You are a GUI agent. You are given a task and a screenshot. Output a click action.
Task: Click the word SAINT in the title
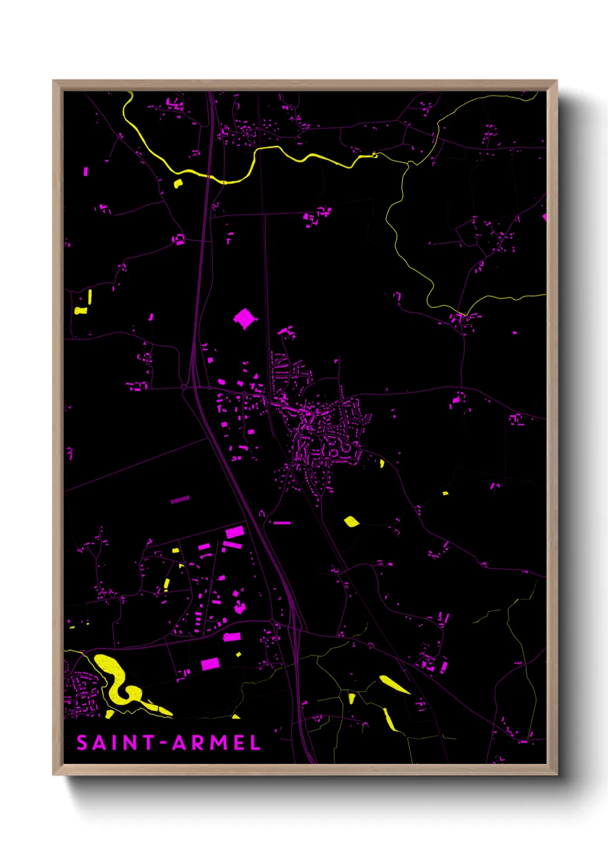[x=114, y=743]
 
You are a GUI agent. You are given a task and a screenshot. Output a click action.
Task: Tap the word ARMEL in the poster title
[x=217, y=743]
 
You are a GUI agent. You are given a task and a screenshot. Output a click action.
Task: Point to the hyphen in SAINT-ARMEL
[x=163, y=743]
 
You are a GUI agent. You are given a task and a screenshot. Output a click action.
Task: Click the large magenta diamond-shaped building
[x=245, y=318]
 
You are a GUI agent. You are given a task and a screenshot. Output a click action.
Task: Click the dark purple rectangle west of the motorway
[x=180, y=500]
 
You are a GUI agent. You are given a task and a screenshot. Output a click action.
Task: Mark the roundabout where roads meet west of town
[x=184, y=388]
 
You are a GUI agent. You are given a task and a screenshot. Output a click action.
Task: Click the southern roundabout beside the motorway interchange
[x=272, y=622]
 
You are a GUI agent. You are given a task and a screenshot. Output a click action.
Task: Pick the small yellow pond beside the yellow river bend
[x=178, y=184]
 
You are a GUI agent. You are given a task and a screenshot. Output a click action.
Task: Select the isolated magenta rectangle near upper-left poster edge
[x=86, y=171]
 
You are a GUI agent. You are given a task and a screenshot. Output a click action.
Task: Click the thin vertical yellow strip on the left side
[x=90, y=296]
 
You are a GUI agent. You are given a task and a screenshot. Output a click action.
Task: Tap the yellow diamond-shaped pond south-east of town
[x=351, y=521]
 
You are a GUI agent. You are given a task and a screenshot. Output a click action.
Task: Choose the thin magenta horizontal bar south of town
[x=282, y=523]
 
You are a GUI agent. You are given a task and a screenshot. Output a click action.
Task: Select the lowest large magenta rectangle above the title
[x=210, y=664]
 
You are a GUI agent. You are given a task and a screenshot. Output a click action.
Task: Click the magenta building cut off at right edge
[x=544, y=217]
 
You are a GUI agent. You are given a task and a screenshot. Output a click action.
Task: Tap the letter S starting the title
[x=82, y=743]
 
